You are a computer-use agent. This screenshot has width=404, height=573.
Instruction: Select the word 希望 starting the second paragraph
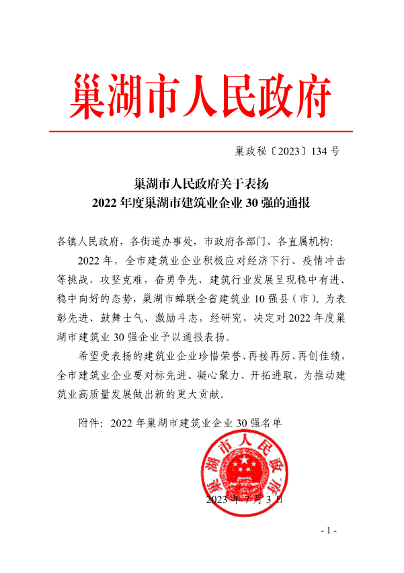(89, 355)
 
